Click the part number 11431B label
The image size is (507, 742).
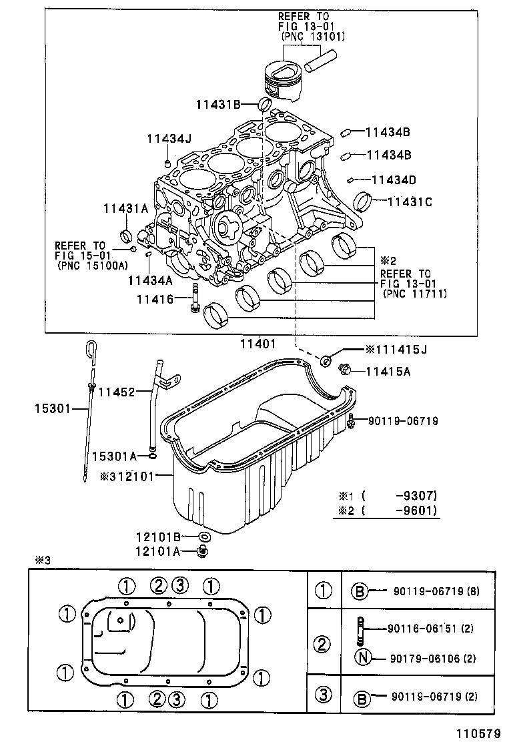pyautogui.click(x=217, y=103)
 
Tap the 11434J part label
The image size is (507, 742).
pyautogui.click(x=169, y=139)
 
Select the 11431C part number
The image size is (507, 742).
pyautogui.click(x=410, y=200)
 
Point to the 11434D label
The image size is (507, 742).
pyautogui.click(x=394, y=179)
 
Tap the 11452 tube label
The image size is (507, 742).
pyautogui.click(x=117, y=392)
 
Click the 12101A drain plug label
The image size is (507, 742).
pyautogui.click(x=159, y=551)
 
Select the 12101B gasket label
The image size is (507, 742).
pyautogui.click(x=159, y=536)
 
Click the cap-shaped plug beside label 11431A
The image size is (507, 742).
pyautogui.click(x=125, y=236)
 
